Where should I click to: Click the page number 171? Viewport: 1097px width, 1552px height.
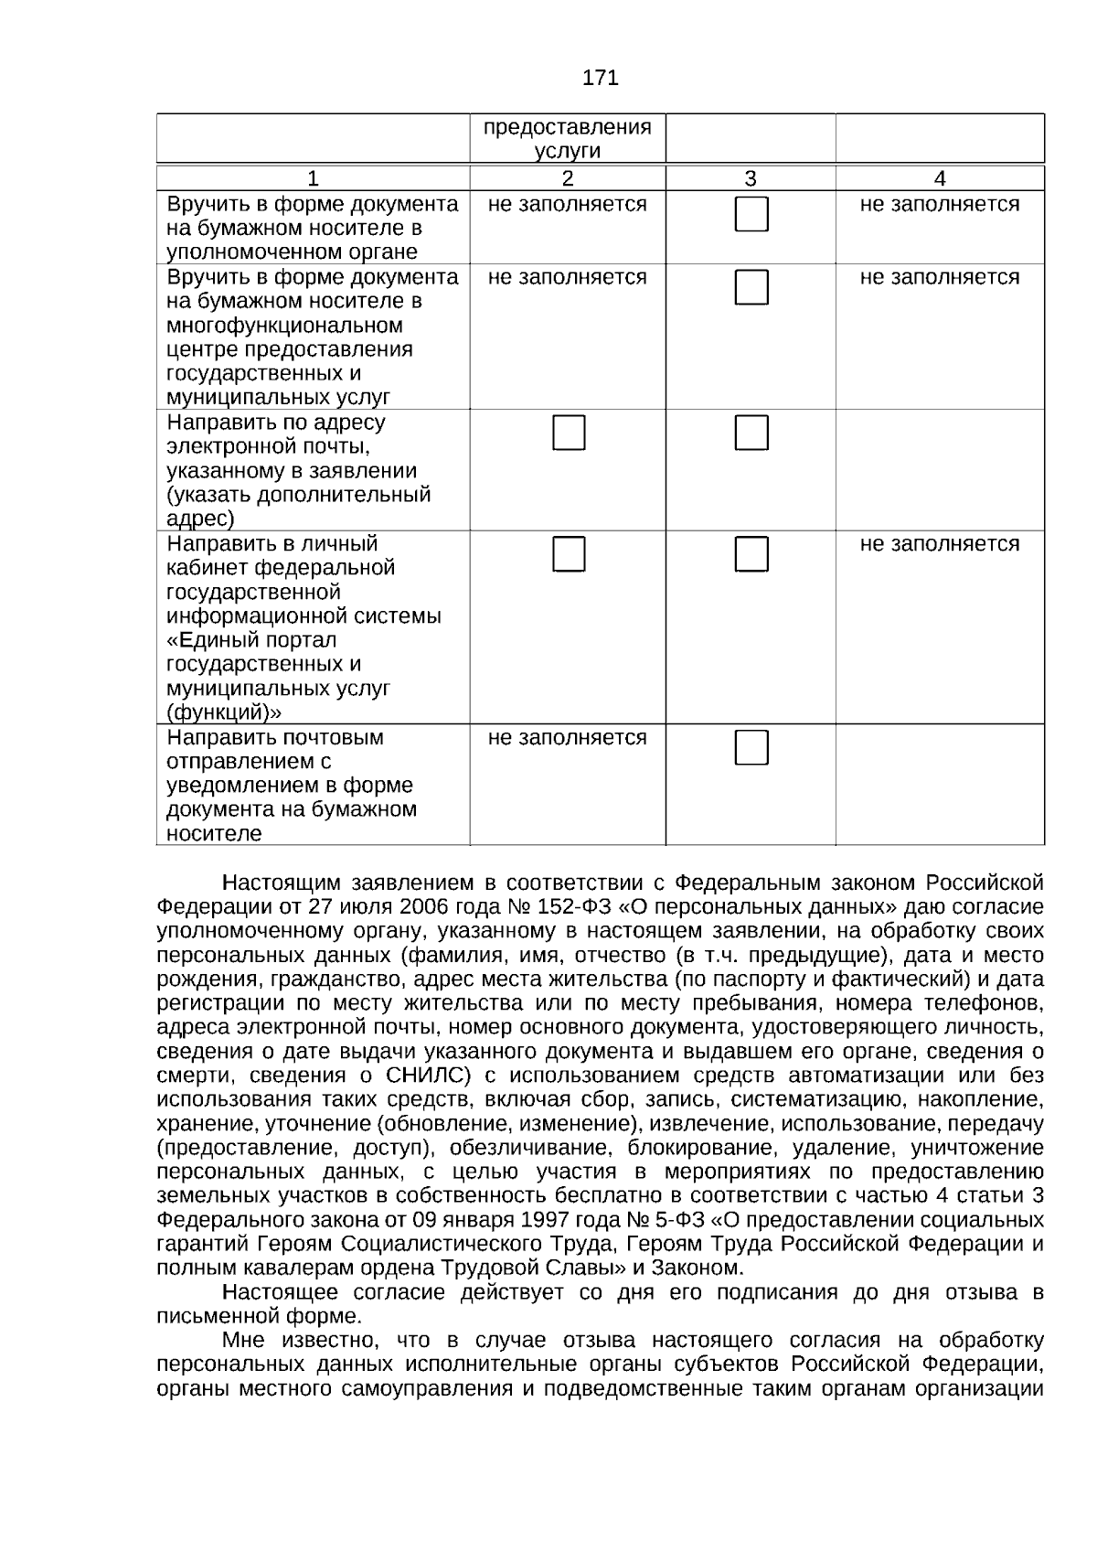pos(600,79)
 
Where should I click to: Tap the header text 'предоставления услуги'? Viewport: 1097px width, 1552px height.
pos(567,139)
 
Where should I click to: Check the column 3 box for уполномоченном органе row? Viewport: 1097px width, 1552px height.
pos(751,215)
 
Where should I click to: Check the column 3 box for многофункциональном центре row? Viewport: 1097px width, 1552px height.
pos(751,287)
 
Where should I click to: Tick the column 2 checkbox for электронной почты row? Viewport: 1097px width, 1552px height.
pos(569,433)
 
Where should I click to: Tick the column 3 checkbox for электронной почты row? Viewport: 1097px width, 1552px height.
pos(751,433)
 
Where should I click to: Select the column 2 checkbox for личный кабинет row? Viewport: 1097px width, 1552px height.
pos(569,554)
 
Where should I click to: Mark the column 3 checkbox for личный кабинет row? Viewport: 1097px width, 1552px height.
pos(751,554)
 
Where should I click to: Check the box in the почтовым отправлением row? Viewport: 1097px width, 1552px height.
pos(751,748)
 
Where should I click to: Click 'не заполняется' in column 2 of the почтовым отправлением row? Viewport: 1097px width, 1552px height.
pos(567,738)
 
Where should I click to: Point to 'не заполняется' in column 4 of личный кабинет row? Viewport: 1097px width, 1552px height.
pos(939,544)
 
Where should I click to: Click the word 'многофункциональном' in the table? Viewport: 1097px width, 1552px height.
pos(284,326)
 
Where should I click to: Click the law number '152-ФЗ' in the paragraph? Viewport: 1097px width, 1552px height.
pos(567,907)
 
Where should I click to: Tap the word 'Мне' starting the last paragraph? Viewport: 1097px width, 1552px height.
pos(242,1341)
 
